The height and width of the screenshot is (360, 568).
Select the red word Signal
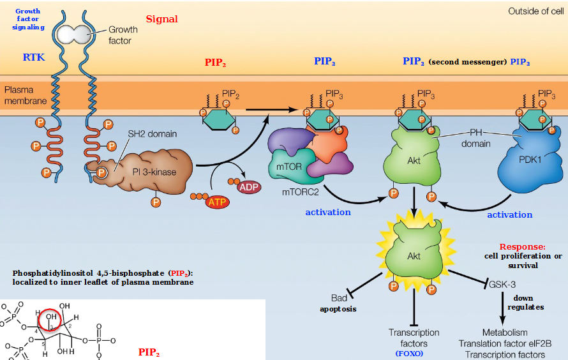tap(162, 19)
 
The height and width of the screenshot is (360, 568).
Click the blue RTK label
tap(34, 57)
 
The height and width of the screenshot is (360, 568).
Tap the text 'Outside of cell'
tap(535, 11)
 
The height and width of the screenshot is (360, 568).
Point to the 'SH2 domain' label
tap(152, 134)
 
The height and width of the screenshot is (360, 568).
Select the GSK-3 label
tap(503, 283)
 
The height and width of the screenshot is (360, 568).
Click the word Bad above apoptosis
tap(338, 298)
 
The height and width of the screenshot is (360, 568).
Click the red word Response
tap(522, 246)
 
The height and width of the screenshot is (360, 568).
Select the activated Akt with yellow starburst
tap(414, 255)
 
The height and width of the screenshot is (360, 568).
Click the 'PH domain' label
tap(476, 138)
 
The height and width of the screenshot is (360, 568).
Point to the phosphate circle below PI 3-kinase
tap(155, 202)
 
